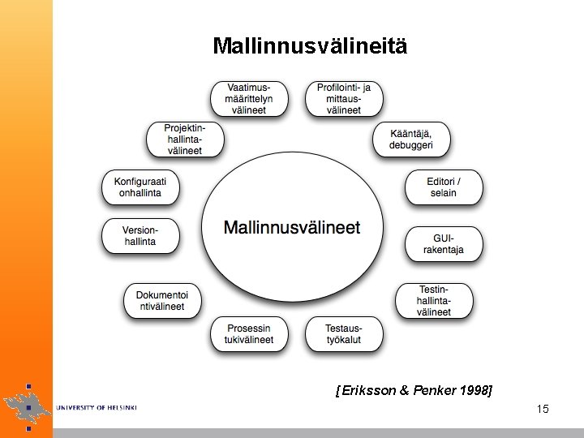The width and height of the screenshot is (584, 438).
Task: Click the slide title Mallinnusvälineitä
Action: point(310,45)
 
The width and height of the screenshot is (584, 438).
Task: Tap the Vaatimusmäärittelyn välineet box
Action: point(250,98)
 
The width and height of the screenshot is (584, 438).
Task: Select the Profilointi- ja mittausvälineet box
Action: point(344,98)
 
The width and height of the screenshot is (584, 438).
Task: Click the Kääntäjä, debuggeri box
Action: point(410,139)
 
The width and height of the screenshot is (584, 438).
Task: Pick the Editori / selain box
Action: point(443,187)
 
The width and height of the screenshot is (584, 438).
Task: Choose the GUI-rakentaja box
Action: point(443,244)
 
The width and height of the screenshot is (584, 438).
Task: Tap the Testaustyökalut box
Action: point(344,333)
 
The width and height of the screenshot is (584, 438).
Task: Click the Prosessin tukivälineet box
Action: point(249,333)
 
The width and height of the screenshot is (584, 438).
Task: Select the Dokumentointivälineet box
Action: point(161,301)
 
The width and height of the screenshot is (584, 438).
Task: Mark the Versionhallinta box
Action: point(140,236)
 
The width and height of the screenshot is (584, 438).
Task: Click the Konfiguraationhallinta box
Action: point(140,187)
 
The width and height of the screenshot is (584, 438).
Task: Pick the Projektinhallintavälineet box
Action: point(184,139)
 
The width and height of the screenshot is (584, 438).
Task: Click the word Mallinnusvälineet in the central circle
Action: point(292,228)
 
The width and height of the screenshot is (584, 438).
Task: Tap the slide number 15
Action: point(543,409)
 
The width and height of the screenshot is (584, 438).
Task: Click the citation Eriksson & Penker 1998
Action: point(414,390)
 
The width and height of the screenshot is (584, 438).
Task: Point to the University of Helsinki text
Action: point(97,406)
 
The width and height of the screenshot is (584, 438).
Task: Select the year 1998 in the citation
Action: point(473,390)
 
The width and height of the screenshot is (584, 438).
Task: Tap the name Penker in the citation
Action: point(434,390)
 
